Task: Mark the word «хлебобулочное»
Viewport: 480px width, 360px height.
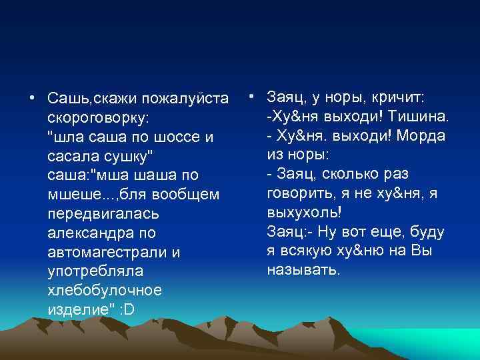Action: click(105, 291)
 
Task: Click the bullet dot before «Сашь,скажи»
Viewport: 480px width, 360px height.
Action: click(33, 99)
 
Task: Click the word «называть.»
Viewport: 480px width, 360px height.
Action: click(304, 271)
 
